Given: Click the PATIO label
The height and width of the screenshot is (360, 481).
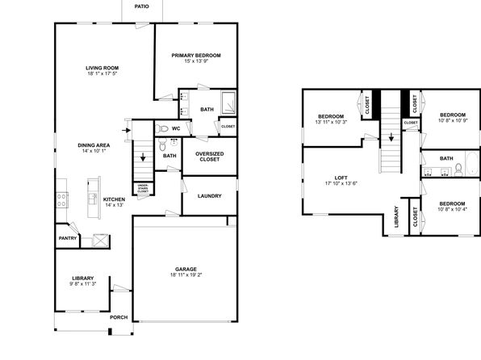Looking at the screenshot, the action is click(141, 6).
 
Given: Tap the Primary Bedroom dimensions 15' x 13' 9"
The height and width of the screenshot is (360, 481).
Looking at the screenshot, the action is click(196, 61).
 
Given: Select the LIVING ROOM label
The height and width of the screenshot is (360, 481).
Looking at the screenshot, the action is click(102, 68).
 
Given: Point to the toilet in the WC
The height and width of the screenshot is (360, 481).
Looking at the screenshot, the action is click(161, 128).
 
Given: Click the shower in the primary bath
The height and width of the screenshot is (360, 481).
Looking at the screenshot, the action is click(228, 103).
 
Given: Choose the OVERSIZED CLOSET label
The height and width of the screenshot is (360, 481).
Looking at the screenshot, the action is click(210, 157).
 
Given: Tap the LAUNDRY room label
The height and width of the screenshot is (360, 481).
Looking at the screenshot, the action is click(210, 196).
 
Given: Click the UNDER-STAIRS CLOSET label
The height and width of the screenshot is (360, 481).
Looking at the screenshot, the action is click(143, 188).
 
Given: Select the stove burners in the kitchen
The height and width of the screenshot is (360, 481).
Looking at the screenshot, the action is click(61, 199).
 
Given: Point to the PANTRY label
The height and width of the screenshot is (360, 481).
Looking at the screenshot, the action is click(68, 238).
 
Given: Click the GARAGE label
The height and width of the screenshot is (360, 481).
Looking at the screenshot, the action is click(186, 269).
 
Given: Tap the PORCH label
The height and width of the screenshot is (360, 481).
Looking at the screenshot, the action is click(119, 317).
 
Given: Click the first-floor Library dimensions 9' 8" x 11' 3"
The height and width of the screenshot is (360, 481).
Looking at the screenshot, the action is click(83, 284).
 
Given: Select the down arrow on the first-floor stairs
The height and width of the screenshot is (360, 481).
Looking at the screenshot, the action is click(143, 157).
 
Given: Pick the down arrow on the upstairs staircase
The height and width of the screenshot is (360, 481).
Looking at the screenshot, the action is click(391, 137).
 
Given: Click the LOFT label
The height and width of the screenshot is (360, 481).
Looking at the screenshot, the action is click(341, 178).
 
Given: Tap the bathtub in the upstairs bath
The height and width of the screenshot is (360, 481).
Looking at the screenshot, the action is click(472, 164).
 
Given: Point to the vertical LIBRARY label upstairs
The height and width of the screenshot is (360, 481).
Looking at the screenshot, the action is click(396, 216).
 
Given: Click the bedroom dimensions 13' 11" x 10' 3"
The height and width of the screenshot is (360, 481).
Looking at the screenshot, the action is click(331, 122).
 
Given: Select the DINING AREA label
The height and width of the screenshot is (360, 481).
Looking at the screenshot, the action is click(94, 145).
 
